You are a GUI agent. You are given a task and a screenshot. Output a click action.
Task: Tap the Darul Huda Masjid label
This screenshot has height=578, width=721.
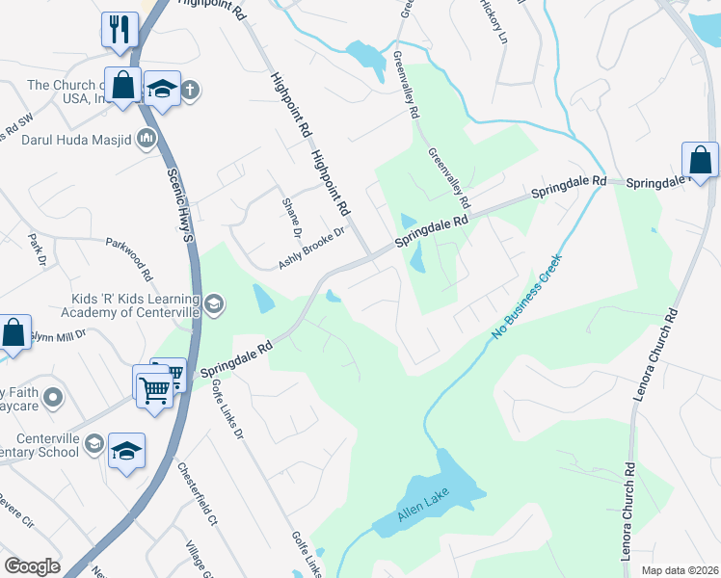tap(78, 139)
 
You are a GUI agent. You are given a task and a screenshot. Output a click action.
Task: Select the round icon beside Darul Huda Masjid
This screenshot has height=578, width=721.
tap(147, 139)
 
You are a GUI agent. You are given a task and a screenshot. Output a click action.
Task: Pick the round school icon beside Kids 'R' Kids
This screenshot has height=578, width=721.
tap(213, 305)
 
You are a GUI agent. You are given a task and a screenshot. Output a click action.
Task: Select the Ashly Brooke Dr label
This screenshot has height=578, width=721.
tap(311, 255)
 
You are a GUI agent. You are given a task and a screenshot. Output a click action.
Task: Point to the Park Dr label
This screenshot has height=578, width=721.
tap(37, 248)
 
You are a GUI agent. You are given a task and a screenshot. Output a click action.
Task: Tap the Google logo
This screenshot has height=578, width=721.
tap(33, 566)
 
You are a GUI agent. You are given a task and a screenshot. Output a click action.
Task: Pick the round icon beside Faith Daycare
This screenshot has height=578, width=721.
tap(55, 394)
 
